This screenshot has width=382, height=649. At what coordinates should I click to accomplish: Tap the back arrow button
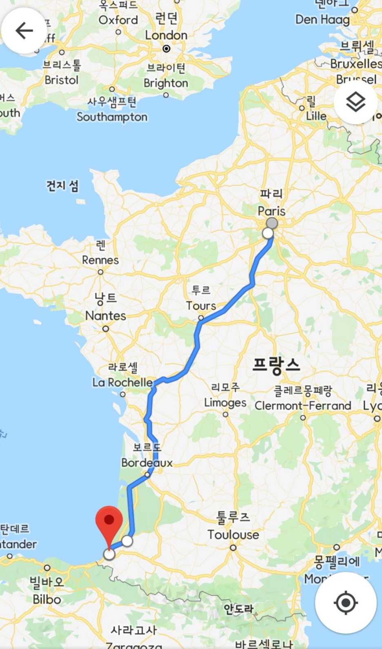[x=24, y=31]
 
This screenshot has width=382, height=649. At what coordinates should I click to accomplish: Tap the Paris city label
[x=271, y=211]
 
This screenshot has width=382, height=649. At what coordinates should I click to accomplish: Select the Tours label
[x=201, y=306]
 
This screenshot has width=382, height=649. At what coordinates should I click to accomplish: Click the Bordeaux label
[x=147, y=463]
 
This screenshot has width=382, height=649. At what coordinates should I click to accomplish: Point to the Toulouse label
[x=233, y=534]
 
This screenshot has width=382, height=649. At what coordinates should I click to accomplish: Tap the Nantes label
[x=106, y=316]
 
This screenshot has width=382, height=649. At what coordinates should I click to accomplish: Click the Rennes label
[x=100, y=260]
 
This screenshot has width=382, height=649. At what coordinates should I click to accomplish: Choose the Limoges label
[x=225, y=403]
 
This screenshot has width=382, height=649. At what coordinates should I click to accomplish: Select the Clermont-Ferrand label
[x=303, y=406]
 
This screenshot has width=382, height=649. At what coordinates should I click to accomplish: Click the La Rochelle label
[x=122, y=382]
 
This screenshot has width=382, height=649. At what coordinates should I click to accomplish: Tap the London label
[x=166, y=35]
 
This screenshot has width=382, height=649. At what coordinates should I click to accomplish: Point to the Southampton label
[x=112, y=117]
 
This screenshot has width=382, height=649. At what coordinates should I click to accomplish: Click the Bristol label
[x=62, y=80]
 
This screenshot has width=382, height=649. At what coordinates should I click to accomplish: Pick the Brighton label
[x=166, y=83]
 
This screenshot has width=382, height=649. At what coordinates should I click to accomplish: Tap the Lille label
[x=316, y=116]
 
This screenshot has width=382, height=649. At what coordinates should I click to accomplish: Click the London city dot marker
[x=166, y=49]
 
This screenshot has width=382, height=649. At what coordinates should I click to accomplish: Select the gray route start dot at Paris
[x=272, y=223]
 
